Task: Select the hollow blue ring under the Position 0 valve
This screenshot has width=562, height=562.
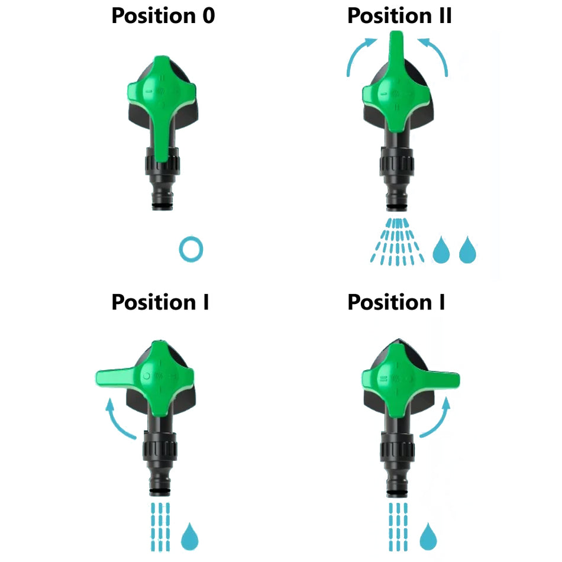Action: (191, 249)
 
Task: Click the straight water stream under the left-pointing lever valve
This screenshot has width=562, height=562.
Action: (160, 526)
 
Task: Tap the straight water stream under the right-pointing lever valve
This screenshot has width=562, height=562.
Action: (398, 526)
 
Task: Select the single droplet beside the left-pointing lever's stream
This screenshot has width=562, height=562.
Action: (189, 536)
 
